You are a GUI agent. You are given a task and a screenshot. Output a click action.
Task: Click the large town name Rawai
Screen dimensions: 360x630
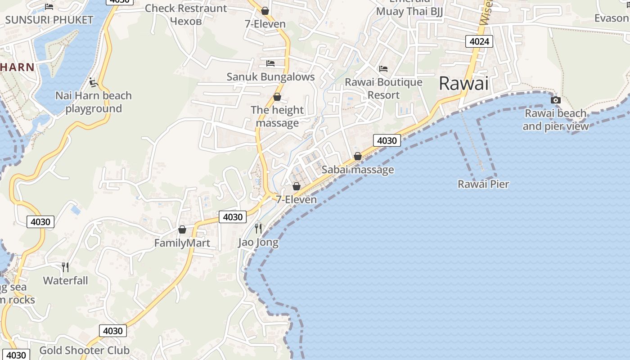tap(463, 83)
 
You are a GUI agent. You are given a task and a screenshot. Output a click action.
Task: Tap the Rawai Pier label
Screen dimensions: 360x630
tap(483, 184)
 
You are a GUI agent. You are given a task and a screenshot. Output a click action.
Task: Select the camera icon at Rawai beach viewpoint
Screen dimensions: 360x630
tap(556, 100)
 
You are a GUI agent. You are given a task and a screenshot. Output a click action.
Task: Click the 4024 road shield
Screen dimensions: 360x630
tap(479, 42)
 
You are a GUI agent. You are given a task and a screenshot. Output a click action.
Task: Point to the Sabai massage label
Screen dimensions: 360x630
tap(358, 170)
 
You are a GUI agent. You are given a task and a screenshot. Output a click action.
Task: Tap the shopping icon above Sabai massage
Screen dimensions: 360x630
tap(358, 156)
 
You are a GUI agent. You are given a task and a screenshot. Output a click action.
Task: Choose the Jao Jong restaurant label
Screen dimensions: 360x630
tap(258, 243)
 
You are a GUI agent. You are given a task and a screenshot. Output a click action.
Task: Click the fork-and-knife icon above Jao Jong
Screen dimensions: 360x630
tap(258, 228)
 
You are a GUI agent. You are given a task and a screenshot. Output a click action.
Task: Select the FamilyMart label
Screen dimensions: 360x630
tap(182, 243)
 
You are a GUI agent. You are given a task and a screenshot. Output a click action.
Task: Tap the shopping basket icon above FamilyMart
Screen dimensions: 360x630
tap(182, 229)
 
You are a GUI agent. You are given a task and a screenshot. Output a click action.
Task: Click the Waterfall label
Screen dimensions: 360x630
tap(66, 280)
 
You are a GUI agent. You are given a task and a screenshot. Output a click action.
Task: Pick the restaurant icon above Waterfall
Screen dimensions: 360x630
tap(66, 267)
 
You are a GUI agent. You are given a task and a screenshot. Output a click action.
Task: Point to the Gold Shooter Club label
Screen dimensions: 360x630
tap(85, 350)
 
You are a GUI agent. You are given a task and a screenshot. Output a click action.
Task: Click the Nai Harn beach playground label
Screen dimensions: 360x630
tap(94, 102)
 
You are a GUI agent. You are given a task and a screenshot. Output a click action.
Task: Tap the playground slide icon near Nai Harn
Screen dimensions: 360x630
tap(94, 82)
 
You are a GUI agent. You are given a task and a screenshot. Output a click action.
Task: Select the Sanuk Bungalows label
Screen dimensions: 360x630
tap(270, 76)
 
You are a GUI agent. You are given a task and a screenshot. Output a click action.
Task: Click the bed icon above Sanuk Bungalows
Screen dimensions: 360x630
tap(270, 63)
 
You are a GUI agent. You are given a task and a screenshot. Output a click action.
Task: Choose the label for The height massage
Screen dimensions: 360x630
tap(277, 117)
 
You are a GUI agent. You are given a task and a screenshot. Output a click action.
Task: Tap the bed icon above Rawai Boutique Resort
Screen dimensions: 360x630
tap(383, 68)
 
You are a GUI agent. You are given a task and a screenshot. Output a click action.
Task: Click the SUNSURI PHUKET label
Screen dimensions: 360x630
tap(49, 20)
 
